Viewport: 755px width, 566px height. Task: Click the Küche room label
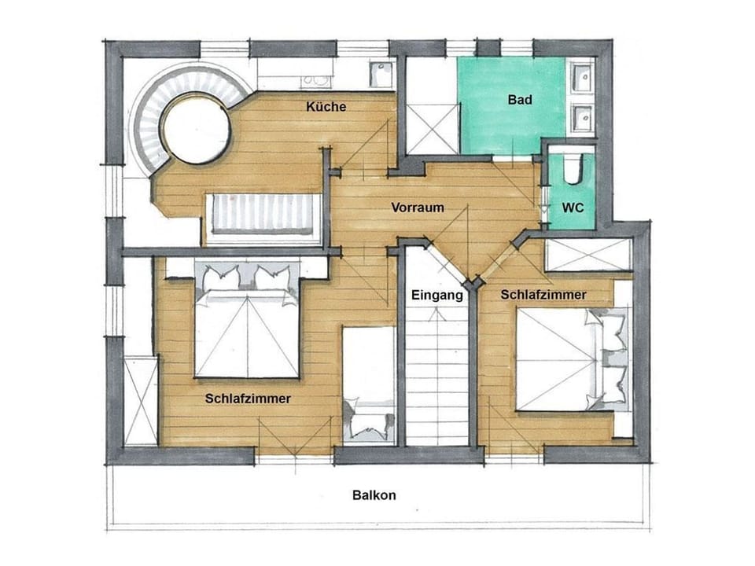326,107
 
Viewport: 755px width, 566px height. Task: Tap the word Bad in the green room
520,100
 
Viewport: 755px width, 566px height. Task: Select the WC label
572,208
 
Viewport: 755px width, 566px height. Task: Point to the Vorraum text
418,208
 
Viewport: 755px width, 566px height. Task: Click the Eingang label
436,296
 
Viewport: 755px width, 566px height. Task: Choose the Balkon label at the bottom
374,495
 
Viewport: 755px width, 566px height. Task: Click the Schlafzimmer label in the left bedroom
248,399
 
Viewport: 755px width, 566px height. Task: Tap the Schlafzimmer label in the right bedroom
543,295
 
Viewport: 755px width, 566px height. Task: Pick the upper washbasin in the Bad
581,78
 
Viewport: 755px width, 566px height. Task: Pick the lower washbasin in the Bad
581,119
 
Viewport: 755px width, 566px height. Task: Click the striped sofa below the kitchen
262,214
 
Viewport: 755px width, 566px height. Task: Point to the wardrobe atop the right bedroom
588,255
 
